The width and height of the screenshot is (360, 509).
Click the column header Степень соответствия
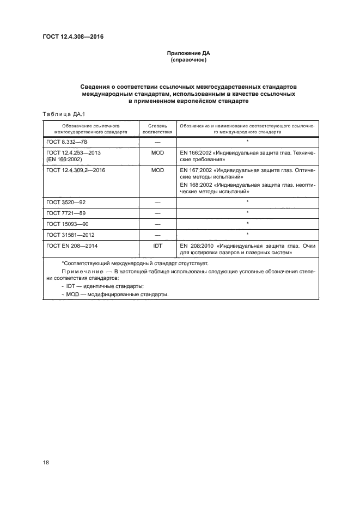coord(157,128)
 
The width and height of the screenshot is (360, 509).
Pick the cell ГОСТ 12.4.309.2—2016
coord(76,170)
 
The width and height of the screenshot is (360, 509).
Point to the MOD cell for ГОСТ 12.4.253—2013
coord(157,153)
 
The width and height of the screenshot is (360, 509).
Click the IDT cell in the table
coord(157,246)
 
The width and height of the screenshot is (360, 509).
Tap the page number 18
coord(46,463)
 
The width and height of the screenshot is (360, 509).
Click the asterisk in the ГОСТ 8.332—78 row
coord(247,142)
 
